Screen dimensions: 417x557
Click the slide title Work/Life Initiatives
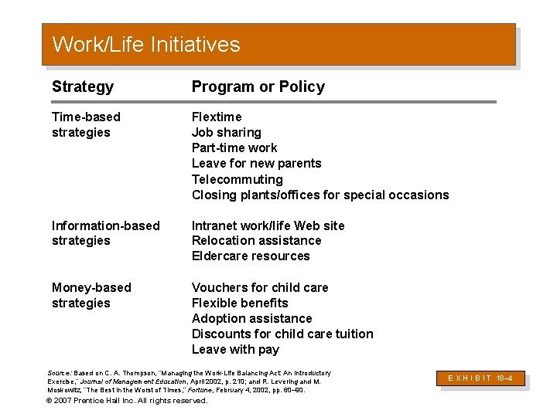coord(146,45)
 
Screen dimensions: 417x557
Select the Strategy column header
coord(83,86)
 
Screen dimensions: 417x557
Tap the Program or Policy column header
coord(258,86)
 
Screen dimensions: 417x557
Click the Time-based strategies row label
coord(86,124)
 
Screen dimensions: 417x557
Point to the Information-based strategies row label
coord(105,233)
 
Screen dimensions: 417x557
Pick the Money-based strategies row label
coord(91,295)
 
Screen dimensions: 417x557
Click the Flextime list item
coord(217,117)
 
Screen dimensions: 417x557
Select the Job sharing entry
coord(226,132)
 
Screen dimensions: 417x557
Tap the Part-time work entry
coord(234,147)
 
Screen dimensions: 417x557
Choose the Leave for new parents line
coord(256,163)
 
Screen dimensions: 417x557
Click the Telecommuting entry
coord(237,179)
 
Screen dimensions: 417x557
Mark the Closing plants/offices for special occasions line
coord(320,195)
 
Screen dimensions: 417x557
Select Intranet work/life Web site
coord(268,225)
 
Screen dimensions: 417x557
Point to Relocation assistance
coord(256,240)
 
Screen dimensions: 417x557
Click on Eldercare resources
coord(251,256)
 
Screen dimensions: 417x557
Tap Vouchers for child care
coord(260,287)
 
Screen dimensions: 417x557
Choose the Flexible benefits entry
coord(240,303)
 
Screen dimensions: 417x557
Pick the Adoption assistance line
coord(251,318)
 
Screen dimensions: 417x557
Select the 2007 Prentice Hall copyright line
coord(128,401)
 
